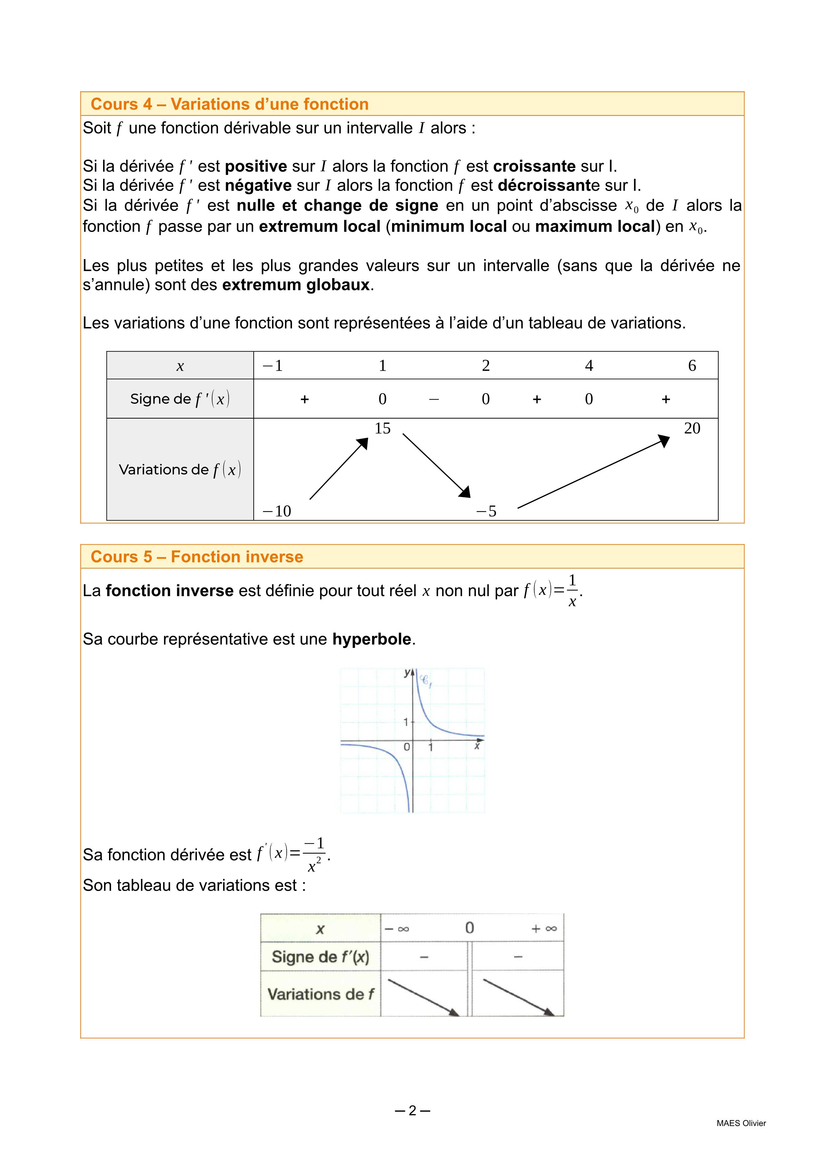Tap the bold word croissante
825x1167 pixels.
pos(534,166)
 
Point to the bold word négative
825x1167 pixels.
pos(258,186)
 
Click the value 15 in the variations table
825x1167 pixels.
pos(382,428)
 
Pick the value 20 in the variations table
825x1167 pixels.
pos(692,428)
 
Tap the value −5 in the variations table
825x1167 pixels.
pos(486,511)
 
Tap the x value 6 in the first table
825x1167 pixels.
pos(692,366)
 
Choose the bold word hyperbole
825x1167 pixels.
pos(371,639)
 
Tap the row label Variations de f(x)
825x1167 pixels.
pos(180,470)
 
